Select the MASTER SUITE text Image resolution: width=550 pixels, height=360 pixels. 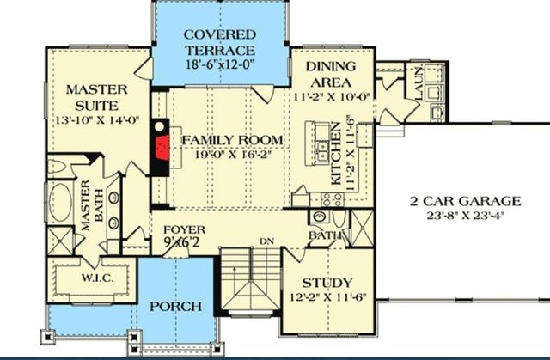click(x=97, y=97)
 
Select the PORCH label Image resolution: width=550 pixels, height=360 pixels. click(x=175, y=307)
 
